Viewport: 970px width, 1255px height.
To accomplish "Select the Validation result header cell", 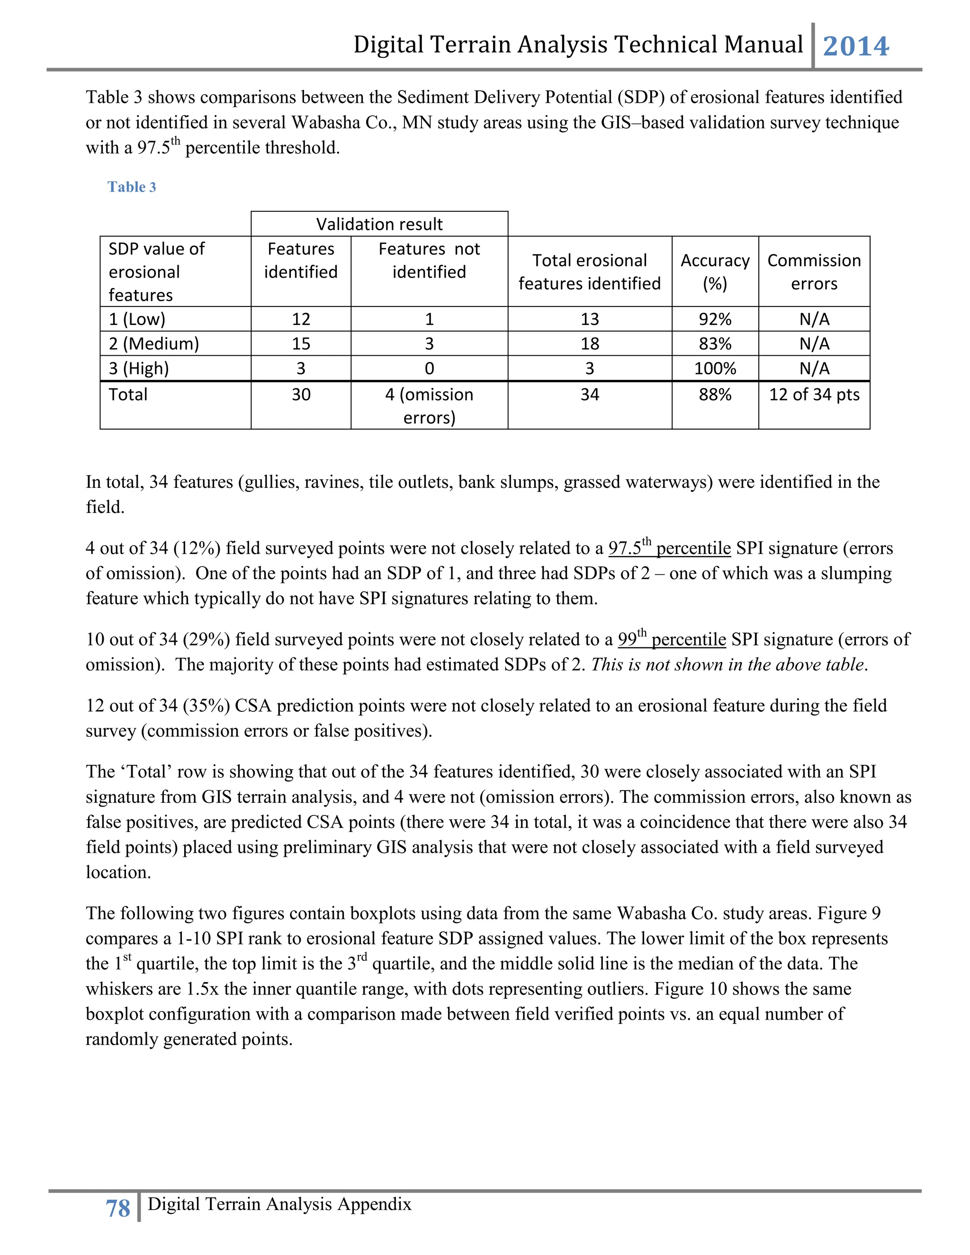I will [379, 224].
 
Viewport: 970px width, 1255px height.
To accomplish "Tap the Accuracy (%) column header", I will [715, 271].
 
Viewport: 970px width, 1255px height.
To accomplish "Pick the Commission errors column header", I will [814, 271].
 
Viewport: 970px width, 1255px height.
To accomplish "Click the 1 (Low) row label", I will [137, 319].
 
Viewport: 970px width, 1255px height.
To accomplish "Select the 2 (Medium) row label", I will [153, 344].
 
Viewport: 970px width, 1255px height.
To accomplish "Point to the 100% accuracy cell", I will [715, 368].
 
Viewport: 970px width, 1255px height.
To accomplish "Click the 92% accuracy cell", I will [715, 319].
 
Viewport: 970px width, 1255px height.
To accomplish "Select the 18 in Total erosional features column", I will [590, 344].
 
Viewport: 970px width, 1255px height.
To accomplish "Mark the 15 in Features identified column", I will [301, 344].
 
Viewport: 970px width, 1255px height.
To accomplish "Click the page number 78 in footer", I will [118, 1209].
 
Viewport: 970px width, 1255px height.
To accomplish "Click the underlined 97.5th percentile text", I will [669, 547].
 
